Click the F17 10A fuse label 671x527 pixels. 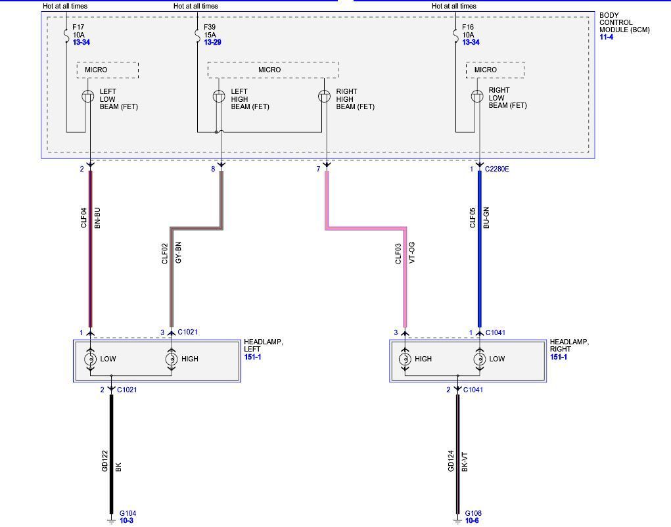pos(79,31)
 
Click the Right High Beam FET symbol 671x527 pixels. pos(324,97)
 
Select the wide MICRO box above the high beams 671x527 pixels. pos(273,70)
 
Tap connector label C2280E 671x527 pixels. pos(497,170)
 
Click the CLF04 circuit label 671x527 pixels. pos(84,218)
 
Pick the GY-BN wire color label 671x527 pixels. pos(178,254)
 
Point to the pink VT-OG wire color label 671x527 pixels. pos(412,253)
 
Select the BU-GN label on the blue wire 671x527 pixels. pos(486,218)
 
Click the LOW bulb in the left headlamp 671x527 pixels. pos(90,359)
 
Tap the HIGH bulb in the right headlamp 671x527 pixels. pos(404,359)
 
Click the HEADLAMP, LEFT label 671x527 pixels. pos(263,346)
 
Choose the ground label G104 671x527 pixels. pos(127,513)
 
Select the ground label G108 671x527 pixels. pos(473,513)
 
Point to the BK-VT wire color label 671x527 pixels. pos(465,461)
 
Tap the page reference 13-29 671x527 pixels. pos(212,42)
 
